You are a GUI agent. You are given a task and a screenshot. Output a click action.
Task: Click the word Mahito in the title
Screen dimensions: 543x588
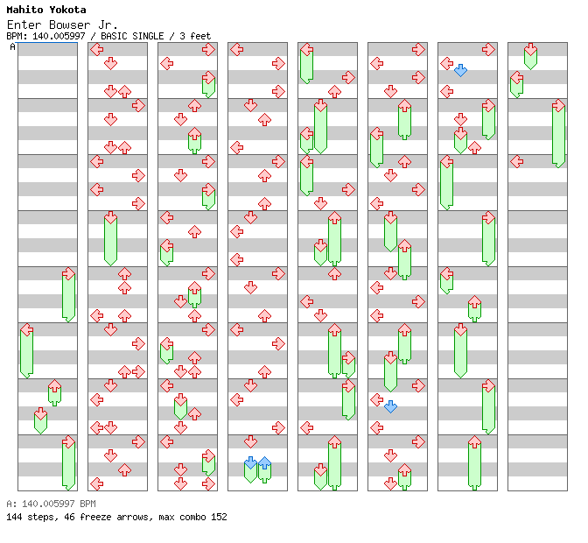[x=24, y=10]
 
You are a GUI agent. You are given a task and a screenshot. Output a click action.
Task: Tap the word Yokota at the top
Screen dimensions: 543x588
[x=66, y=10]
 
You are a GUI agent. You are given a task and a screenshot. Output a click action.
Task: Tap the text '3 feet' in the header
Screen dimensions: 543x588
[x=195, y=36]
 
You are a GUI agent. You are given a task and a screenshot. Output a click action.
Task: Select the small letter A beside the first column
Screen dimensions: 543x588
[x=12, y=46]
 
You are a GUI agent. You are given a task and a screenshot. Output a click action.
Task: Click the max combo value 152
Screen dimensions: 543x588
[x=218, y=517]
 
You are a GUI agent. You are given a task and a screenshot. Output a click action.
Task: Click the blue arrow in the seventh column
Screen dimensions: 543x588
[x=460, y=70]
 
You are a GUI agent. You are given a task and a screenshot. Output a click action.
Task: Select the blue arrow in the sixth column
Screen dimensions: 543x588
[x=390, y=406]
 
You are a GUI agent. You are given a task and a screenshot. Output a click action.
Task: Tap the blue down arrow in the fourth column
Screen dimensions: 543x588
[x=250, y=462]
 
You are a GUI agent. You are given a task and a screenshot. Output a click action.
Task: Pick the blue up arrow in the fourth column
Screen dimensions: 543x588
[x=264, y=462]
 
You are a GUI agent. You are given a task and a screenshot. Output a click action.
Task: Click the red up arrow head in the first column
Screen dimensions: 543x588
[x=54, y=385]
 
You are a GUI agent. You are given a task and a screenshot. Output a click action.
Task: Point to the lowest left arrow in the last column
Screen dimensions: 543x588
[x=516, y=161]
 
